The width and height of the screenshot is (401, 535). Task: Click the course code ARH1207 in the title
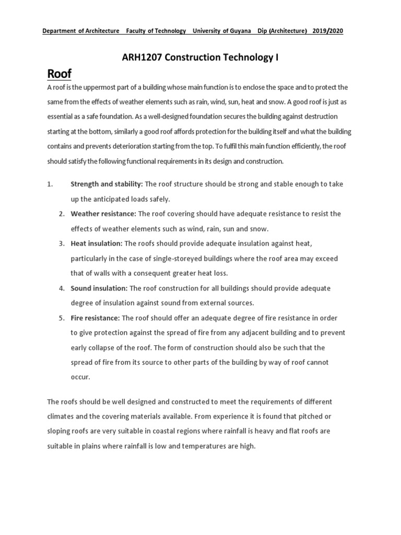pyautogui.click(x=140, y=58)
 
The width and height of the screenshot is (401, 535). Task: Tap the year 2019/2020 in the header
pyautogui.click(x=328, y=31)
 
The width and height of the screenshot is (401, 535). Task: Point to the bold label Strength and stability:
pyautogui.click(x=107, y=184)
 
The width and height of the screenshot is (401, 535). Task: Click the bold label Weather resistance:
pyautogui.click(x=103, y=214)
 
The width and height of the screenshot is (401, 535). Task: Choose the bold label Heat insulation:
pyautogui.click(x=97, y=243)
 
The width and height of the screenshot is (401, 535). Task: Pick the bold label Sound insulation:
pyautogui.click(x=99, y=288)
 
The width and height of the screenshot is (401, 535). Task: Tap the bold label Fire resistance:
pyautogui.click(x=95, y=318)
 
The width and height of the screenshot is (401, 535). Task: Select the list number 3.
pyautogui.click(x=61, y=243)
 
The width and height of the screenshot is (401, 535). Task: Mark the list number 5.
pyautogui.click(x=61, y=318)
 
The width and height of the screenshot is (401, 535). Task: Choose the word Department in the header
pyautogui.click(x=60, y=31)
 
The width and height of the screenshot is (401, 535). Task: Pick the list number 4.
pyautogui.click(x=61, y=288)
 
